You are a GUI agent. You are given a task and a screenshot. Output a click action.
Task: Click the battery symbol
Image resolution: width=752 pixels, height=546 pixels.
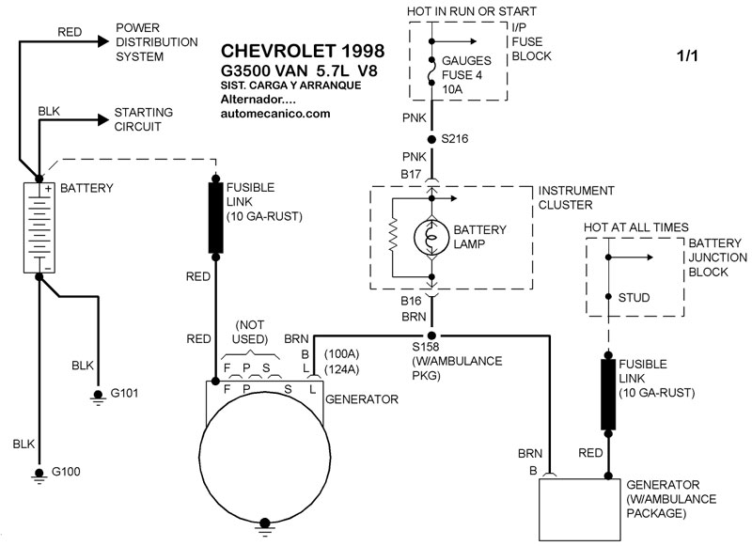(x=37, y=215)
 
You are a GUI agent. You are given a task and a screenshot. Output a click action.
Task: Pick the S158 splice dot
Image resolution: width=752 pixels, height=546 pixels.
(x=432, y=335)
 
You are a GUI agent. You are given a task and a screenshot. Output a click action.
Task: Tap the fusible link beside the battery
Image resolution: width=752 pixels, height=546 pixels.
(x=215, y=218)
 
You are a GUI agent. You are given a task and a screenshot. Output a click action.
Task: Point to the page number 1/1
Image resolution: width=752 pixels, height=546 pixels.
(x=687, y=56)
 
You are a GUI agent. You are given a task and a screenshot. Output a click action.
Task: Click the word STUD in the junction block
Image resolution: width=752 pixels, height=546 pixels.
(x=634, y=298)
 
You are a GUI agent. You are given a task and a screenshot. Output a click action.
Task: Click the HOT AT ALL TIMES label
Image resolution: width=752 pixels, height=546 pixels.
(x=635, y=227)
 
